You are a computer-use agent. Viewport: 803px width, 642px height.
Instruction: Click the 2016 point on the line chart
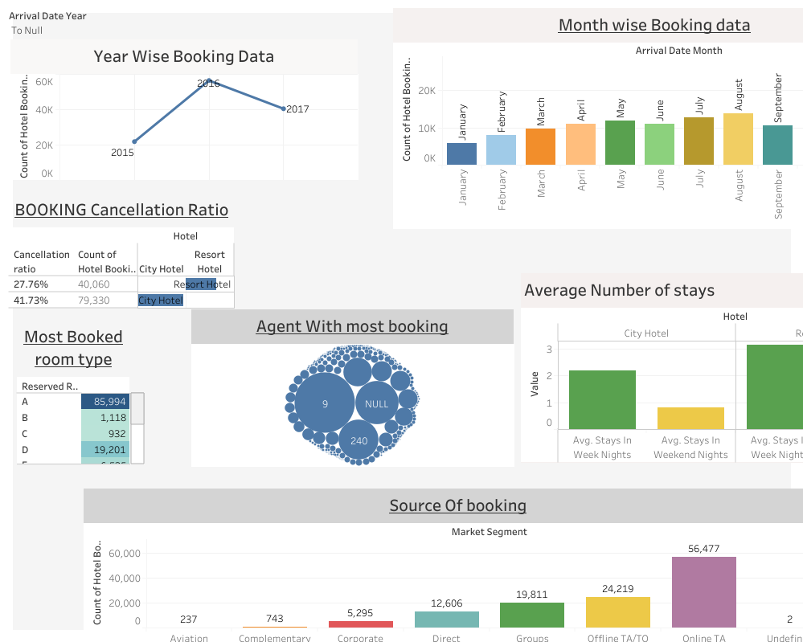point(209,81)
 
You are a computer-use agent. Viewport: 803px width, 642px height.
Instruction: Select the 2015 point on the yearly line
point(134,141)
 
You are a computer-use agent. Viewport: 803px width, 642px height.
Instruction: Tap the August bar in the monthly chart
point(738,139)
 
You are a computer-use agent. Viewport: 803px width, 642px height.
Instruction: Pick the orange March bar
point(540,146)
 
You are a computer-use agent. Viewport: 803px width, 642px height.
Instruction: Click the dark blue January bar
point(461,153)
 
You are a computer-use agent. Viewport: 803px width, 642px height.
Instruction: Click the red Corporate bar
point(360,624)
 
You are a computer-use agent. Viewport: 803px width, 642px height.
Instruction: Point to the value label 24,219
point(617,588)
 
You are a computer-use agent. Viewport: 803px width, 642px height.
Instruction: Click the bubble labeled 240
point(358,440)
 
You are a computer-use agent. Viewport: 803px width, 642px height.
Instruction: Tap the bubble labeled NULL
point(376,404)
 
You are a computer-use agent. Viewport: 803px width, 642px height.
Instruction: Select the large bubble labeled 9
point(325,404)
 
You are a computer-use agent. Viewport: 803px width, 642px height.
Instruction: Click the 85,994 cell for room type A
point(104,402)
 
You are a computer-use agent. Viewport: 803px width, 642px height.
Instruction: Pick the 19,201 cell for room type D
point(104,450)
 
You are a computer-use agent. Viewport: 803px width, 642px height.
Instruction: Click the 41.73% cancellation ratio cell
point(31,301)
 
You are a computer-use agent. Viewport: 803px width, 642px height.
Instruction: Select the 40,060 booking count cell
point(94,284)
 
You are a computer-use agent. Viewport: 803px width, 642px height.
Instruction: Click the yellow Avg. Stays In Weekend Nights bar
point(690,418)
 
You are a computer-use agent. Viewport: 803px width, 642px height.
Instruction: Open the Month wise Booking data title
point(653,25)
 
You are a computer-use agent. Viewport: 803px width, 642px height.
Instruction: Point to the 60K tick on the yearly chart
point(44,82)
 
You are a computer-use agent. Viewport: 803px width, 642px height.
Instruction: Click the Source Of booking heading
point(457,505)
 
